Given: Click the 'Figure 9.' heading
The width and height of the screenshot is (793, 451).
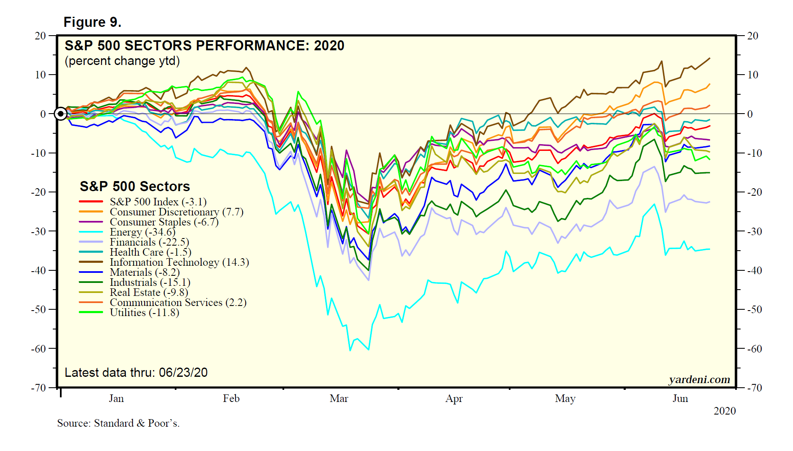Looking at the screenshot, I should [92, 22].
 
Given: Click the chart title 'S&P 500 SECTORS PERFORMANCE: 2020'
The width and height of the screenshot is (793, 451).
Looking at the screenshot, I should [204, 45].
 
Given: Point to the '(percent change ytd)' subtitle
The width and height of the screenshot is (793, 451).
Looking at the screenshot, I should [122, 61].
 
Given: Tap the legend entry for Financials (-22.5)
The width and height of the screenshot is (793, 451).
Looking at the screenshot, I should [149, 242].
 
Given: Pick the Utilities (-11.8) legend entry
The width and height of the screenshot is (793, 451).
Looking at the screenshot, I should [144, 313].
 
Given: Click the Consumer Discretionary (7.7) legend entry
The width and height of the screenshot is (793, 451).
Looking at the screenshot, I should [176, 212].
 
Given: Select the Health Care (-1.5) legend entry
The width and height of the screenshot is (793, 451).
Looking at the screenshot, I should [150, 252].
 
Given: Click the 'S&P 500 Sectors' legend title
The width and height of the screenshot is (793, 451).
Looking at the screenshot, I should [135, 187].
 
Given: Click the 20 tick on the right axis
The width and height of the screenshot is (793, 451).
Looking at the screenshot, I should [753, 36].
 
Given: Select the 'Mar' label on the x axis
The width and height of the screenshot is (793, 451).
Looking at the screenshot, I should [339, 399].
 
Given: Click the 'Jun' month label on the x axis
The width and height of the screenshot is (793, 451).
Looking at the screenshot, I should [680, 399].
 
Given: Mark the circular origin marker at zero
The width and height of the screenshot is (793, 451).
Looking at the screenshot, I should [61, 114].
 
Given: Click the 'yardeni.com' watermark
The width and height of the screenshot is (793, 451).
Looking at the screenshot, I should [699, 380].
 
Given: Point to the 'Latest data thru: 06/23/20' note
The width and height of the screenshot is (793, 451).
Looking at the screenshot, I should [136, 373].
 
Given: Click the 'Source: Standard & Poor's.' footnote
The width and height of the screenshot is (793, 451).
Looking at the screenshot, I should [118, 423].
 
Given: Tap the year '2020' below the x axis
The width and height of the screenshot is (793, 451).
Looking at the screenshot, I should [724, 411].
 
